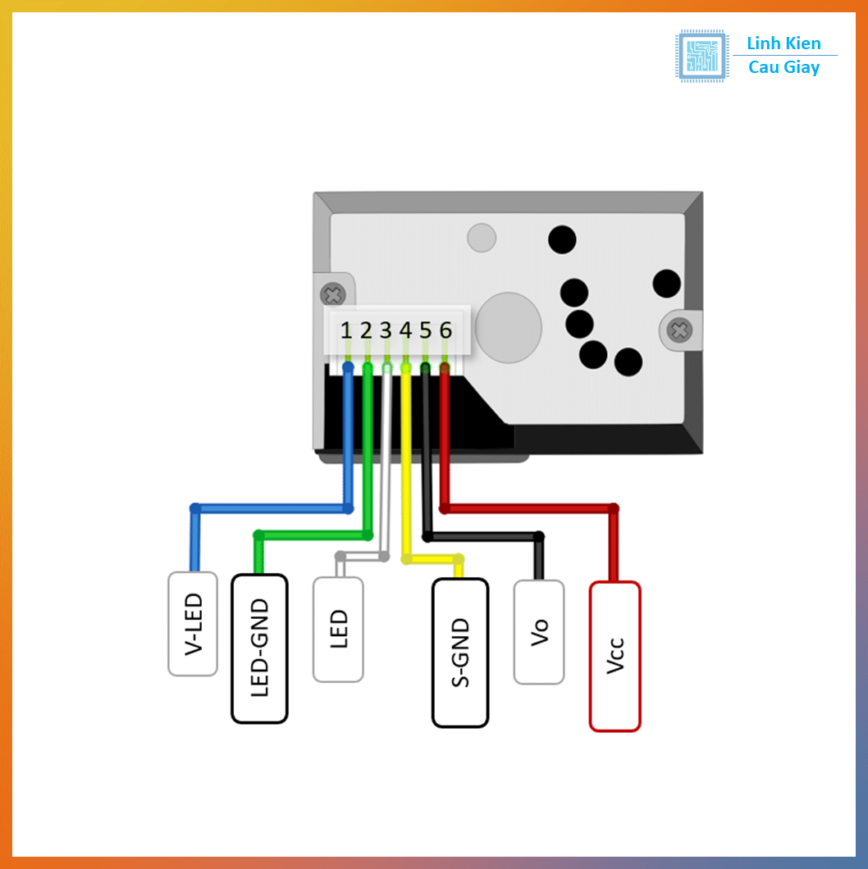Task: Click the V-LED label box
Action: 193,624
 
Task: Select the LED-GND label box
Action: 259,648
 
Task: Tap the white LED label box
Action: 338,630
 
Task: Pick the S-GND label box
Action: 460,653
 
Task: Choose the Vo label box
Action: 539,632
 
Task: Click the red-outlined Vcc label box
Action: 614,656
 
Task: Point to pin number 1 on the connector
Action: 346,330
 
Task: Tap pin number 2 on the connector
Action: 366,330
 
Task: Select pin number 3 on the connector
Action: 386,330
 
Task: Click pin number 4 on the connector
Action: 405,330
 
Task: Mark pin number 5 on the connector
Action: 425,330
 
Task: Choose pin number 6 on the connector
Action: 445,330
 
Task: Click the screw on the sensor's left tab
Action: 332,295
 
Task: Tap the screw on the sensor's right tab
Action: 679,330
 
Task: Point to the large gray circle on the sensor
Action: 509,327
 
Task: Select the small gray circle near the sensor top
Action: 482,238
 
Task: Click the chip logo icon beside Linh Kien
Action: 701,56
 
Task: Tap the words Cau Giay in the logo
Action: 783,68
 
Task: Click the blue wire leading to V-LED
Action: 271,508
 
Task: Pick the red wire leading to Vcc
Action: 533,508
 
